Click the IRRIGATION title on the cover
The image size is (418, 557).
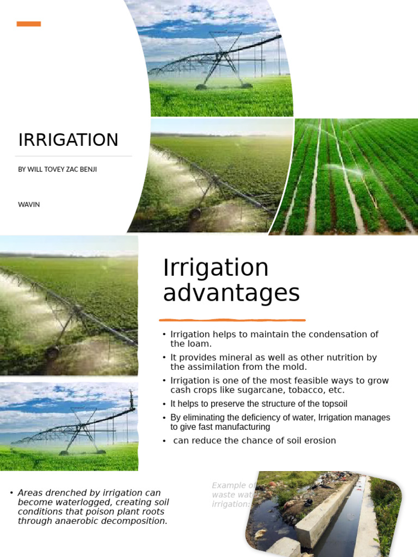[x=68, y=140]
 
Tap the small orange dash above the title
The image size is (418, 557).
[x=29, y=23]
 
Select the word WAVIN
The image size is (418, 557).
[x=29, y=205]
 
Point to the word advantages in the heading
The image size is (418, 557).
[x=231, y=293]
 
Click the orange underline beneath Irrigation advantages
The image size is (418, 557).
[x=232, y=320]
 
